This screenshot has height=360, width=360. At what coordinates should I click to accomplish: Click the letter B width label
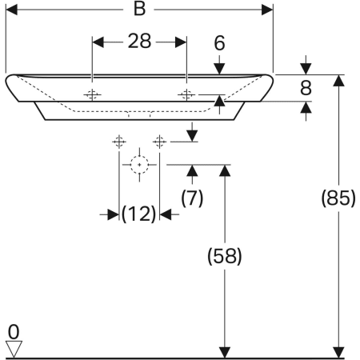(x=139, y=9)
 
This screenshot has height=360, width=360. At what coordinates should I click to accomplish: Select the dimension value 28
(x=139, y=42)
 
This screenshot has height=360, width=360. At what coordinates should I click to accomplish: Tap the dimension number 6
(x=219, y=43)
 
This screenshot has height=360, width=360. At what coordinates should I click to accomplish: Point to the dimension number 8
(x=306, y=88)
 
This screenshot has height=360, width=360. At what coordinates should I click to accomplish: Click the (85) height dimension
(x=338, y=198)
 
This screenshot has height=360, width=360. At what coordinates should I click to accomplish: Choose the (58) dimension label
(x=225, y=256)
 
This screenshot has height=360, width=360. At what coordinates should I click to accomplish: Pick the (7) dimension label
(x=192, y=198)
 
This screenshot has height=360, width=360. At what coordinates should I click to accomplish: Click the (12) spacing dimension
(x=138, y=214)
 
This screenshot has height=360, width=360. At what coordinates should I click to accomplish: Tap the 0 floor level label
(x=14, y=332)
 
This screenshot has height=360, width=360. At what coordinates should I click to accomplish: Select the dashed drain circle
(x=139, y=165)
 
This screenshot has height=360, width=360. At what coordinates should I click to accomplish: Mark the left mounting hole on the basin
(x=92, y=94)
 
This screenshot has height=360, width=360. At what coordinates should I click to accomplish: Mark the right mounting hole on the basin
(x=186, y=94)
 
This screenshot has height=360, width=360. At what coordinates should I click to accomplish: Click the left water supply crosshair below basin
(x=119, y=142)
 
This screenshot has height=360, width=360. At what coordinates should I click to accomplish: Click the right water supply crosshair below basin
(x=159, y=142)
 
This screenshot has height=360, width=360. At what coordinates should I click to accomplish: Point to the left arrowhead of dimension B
(x=11, y=10)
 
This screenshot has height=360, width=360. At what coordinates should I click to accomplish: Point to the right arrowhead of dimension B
(x=267, y=10)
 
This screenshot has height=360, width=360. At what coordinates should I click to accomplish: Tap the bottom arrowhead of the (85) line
(x=338, y=353)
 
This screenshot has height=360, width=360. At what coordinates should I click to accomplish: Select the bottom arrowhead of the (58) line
(x=225, y=353)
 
